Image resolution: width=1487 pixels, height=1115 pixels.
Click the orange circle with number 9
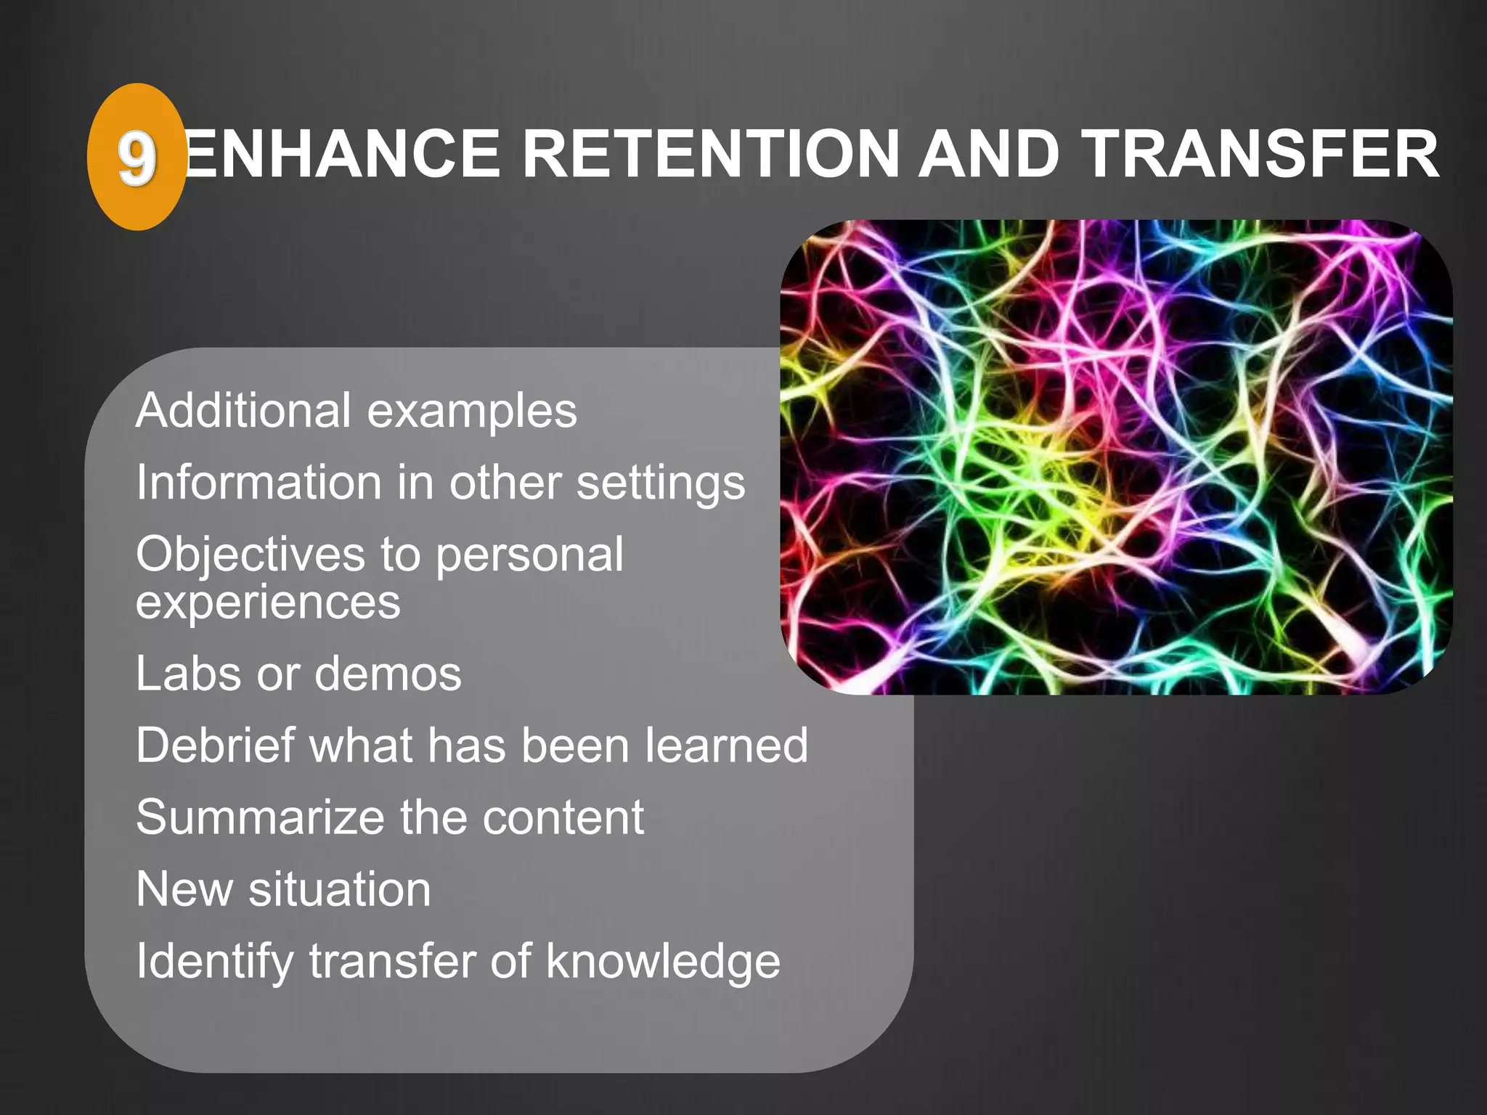pos(136,157)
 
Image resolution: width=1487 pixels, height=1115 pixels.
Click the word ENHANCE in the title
pos(341,154)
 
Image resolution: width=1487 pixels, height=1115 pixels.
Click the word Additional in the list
pos(244,410)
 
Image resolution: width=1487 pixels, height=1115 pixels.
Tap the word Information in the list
pos(258,483)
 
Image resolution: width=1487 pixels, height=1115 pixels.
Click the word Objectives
pos(251,555)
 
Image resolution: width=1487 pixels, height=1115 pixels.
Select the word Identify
pos(214,963)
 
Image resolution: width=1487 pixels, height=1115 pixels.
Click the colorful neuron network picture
pos(1116,457)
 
